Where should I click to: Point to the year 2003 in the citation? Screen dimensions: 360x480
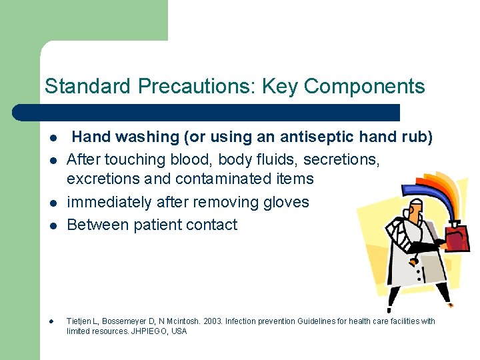pyautogui.click(x=208, y=321)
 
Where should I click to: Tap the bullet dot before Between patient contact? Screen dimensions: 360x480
pyautogui.click(x=51, y=226)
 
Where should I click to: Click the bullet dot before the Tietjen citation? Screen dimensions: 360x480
pyautogui.click(x=51, y=322)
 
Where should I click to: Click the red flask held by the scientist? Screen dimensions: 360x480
pyautogui.click(x=457, y=237)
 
